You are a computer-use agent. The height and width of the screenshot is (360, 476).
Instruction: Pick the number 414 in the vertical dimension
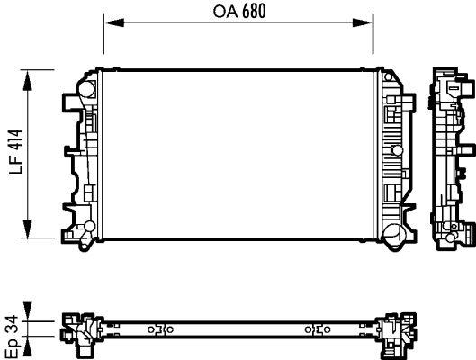pyautogui.click(x=12, y=143)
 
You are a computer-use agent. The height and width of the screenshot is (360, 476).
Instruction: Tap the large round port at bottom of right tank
pyautogui.click(x=392, y=236)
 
